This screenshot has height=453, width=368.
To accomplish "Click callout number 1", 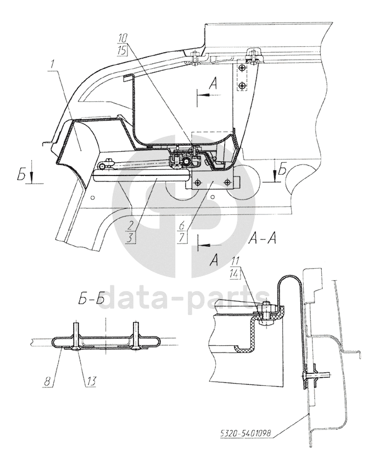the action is click(x=52, y=65).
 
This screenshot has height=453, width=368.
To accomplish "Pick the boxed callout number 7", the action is click(x=182, y=237).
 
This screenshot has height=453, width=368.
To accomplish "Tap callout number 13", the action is click(x=91, y=382).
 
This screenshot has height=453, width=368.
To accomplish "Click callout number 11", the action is click(x=235, y=263).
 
